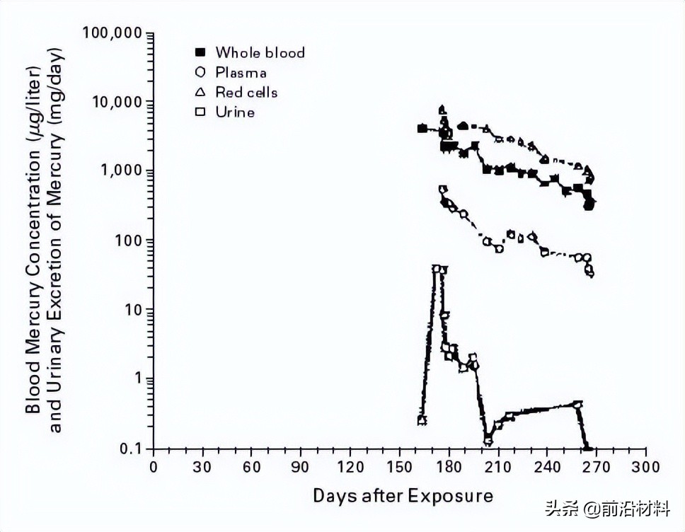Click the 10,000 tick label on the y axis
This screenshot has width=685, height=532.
click(117, 102)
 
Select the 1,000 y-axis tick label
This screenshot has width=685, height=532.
click(122, 171)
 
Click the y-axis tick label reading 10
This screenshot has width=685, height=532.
click(134, 310)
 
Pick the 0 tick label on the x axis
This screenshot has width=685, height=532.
click(154, 468)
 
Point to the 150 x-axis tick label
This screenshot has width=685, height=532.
click(399, 468)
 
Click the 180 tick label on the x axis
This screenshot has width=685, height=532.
click(449, 468)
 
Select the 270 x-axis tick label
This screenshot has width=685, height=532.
click(596, 468)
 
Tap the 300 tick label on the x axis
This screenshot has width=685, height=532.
click(645, 468)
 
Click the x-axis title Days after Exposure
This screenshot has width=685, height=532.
click(403, 495)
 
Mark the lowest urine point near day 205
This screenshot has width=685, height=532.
click(488, 441)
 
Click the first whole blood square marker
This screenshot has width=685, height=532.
click(422, 129)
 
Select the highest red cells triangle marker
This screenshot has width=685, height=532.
click(443, 110)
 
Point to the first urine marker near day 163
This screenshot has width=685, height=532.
click(422, 420)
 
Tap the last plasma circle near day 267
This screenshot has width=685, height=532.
click(590, 272)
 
